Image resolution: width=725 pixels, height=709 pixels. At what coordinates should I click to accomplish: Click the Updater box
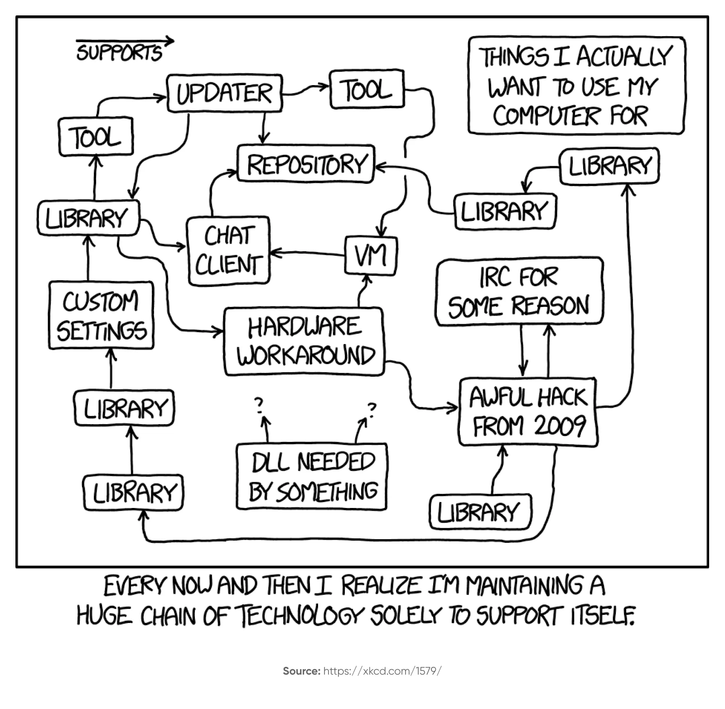point(224,94)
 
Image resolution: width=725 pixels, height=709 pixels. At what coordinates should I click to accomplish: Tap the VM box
point(371,255)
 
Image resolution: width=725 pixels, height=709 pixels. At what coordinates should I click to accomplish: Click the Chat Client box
point(228,251)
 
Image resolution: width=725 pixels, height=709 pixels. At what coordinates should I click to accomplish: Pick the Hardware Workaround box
point(304,341)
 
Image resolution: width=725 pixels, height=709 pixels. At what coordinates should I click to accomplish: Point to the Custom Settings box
point(101,315)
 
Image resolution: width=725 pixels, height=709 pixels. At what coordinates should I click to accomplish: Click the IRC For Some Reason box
point(519,291)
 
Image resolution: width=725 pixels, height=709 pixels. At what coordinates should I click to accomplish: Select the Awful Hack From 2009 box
point(527,412)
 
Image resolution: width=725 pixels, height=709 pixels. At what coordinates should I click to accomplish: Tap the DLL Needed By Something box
point(312,476)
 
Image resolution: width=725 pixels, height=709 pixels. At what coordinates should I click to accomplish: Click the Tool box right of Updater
point(367,89)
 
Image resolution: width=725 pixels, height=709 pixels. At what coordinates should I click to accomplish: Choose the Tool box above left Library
point(96,136)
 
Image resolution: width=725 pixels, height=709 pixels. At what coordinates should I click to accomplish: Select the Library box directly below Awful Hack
point(480,512)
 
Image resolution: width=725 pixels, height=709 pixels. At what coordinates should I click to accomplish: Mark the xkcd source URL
point(382,671)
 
